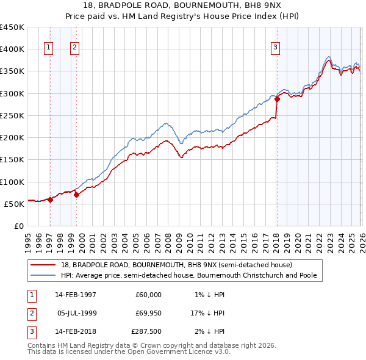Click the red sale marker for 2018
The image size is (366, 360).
coord(277,99)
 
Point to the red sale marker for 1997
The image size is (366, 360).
coord(51,200)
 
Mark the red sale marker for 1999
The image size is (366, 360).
coord(76,195)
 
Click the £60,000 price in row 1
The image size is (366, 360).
coord(148,295)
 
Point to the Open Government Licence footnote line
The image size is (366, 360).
coord(129,353)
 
